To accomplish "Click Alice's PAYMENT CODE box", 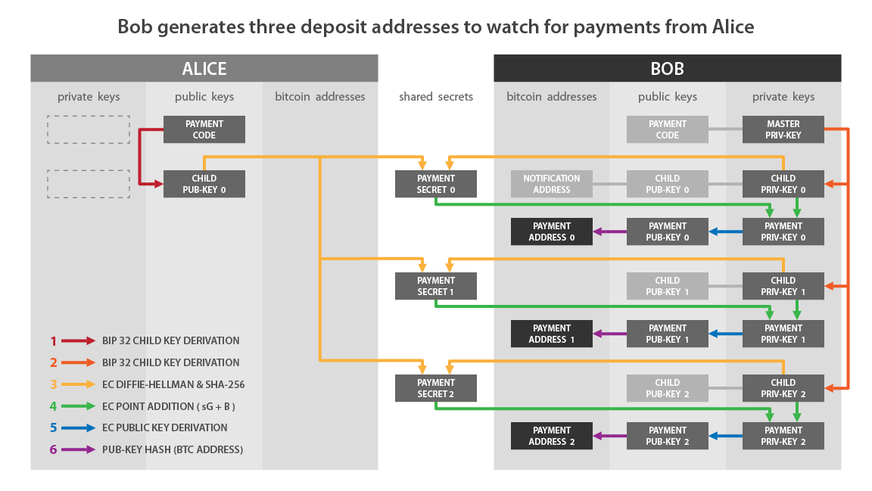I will tap(204, 129).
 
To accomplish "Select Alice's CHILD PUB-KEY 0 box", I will tap(204, 184).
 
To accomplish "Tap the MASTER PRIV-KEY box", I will tap(783, 129).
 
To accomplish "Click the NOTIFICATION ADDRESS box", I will tap(551, 184).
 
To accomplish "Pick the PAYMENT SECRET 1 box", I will tap(436, 286).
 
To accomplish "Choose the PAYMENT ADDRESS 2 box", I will tap(551, 436).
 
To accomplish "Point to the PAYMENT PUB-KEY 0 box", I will tap(667, 232).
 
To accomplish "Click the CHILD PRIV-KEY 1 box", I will tap(783, 286).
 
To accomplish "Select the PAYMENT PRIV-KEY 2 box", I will tap(783, 436).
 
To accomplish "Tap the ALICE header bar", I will tap(204, 68).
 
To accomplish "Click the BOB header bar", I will tap(667, 68).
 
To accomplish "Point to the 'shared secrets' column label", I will tap(436, 97).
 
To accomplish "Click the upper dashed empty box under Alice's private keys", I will tap(89, 129).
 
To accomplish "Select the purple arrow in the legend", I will tap(78, 449).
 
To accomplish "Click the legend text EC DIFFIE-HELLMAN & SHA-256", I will tap(173, 384).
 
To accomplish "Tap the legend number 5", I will tap(53, 427).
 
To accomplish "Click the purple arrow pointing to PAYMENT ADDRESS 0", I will tap(609, 232).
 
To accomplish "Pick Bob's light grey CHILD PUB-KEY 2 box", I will tap(667, 388).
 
